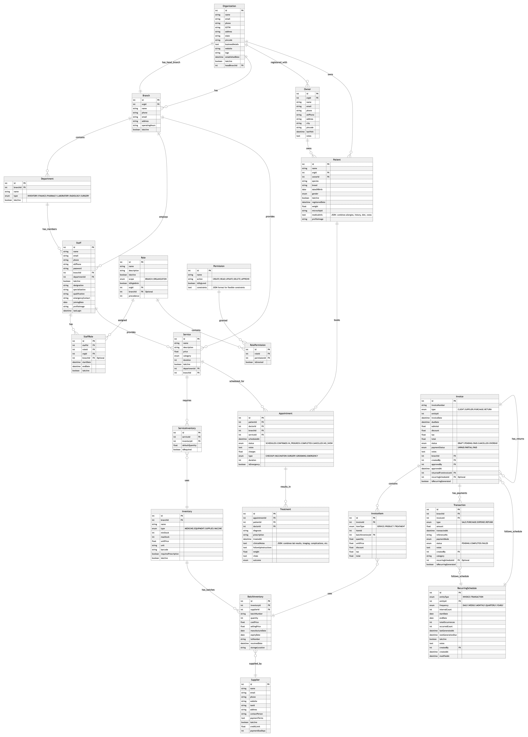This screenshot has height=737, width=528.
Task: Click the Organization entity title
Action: [229, 6]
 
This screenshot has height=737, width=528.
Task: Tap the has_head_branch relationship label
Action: [171, 62]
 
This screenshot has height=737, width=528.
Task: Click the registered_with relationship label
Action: [279, 62]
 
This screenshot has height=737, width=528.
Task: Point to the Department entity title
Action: [47, 179]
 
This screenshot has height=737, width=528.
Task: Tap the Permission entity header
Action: [219, 266]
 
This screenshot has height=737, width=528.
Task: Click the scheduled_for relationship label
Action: [237, 381]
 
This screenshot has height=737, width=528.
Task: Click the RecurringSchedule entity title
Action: [467, 588]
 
